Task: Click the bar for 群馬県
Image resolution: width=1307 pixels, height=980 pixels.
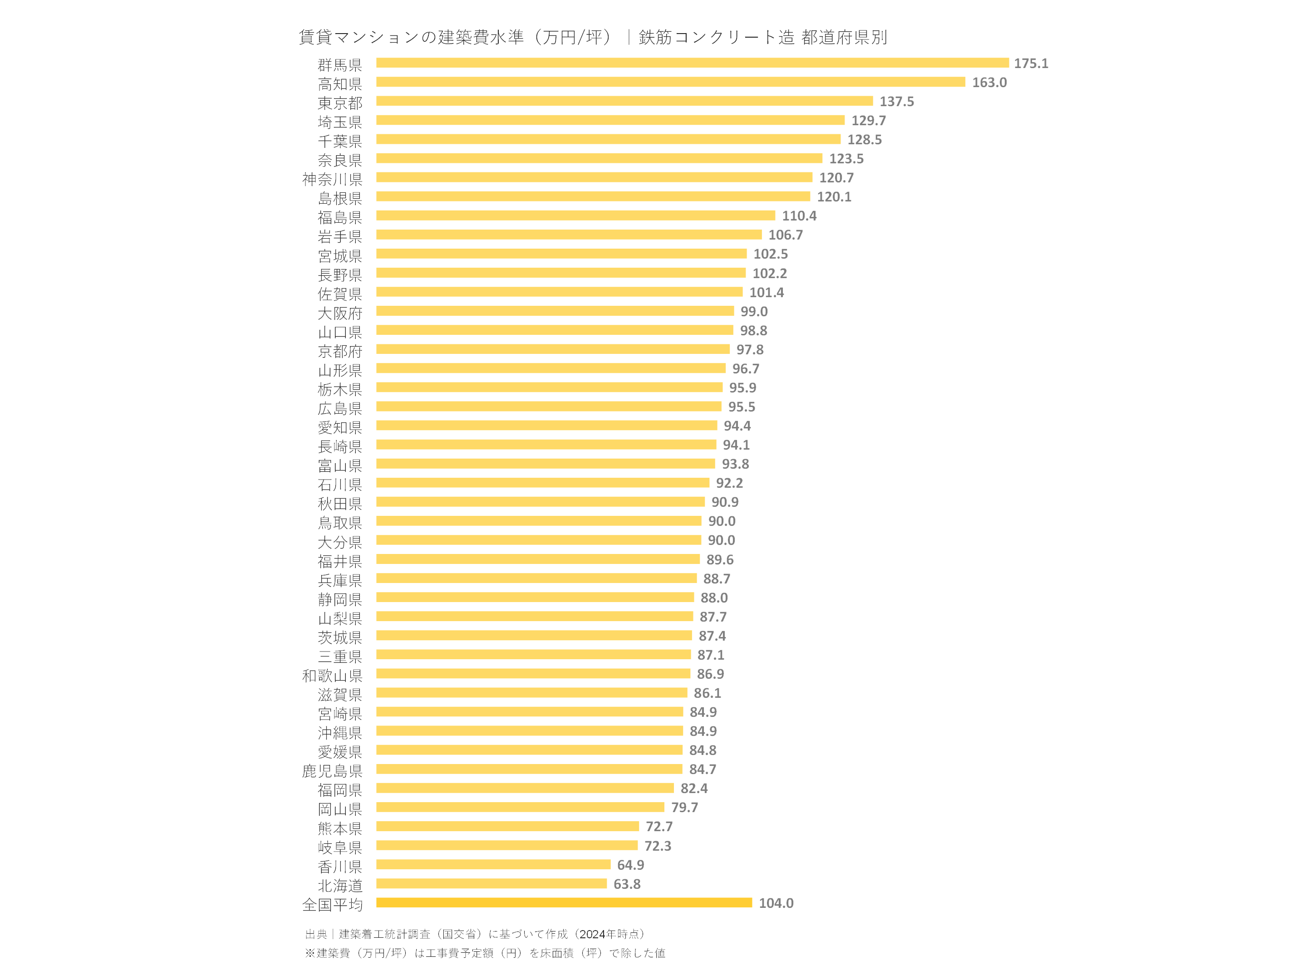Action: point(692,63)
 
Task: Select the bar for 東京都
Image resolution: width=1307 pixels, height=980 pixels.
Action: point(624,101)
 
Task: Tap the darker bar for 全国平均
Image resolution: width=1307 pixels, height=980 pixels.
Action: point(564,902)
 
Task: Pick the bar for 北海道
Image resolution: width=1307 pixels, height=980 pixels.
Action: point(491,884)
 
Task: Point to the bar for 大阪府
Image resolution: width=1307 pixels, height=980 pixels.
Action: point(555,311)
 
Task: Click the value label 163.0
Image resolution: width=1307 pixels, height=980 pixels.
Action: point(989,82)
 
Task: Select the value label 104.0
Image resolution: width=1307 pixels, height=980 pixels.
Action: point(776,903)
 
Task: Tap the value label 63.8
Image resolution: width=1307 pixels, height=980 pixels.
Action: point(626,884)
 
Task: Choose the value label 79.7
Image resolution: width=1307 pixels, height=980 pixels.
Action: point(684,808)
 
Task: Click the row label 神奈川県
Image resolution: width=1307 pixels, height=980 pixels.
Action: point(332,179)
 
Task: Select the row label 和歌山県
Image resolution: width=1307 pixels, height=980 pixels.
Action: point(332,675)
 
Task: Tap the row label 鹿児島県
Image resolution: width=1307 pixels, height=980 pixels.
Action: point(332,771)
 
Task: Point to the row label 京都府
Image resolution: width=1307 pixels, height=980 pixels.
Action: point(340,352)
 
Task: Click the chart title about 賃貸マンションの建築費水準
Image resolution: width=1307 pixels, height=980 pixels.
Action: point(593,37)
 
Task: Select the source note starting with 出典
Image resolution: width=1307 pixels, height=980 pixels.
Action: point(475,934)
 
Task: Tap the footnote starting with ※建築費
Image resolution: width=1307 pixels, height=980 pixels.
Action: point(485,953)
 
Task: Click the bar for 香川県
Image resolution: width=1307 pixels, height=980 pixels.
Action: point(493,864)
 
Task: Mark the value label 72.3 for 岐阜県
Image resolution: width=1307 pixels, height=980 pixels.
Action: point(657,846)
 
